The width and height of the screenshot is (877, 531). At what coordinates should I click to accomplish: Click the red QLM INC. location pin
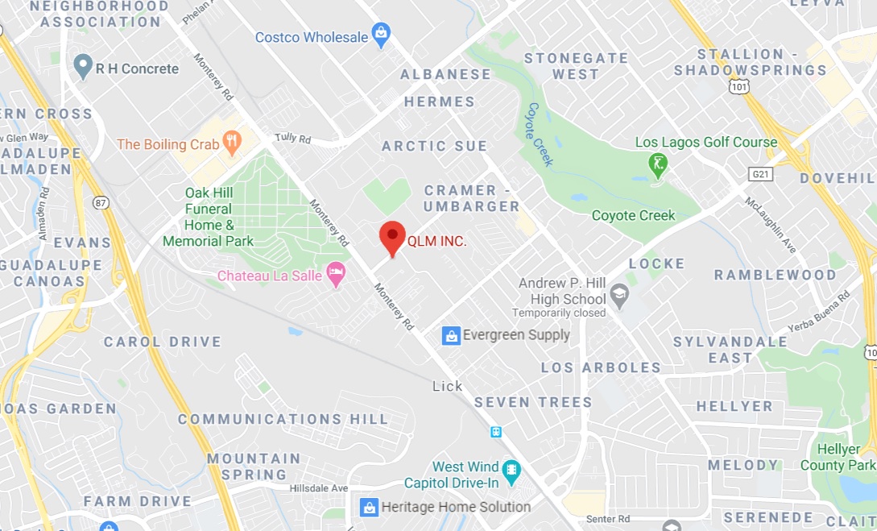pos(392,236)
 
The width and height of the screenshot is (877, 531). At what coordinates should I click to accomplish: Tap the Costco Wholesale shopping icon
pos(381,35)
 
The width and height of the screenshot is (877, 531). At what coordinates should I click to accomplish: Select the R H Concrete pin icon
pos(83,67)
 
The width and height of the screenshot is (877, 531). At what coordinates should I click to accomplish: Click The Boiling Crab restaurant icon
pos(232,143)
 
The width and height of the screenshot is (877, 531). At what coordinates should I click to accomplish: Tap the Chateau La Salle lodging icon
pos(336,274)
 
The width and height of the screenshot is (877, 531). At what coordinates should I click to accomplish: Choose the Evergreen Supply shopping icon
pos(452,335)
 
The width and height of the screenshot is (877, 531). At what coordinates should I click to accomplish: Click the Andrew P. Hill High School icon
pos(619,296)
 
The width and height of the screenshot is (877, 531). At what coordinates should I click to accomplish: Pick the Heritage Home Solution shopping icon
pos(369,507)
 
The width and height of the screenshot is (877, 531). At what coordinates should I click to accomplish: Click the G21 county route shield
pos(759,174)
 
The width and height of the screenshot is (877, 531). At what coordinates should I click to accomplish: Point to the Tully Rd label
pos(292,139)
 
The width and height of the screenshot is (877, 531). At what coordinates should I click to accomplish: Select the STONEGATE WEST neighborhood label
pos(576,66)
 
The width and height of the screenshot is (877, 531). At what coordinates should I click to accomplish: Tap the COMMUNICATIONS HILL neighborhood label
pos(283,419)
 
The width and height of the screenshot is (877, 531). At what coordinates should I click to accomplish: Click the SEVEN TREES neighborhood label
pos(533,402)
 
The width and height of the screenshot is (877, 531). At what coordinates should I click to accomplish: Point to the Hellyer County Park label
pos(838,458)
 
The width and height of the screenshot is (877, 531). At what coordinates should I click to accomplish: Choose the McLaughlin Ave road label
pos(770,225)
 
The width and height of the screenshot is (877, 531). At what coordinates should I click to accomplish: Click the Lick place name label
pos(448,386)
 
